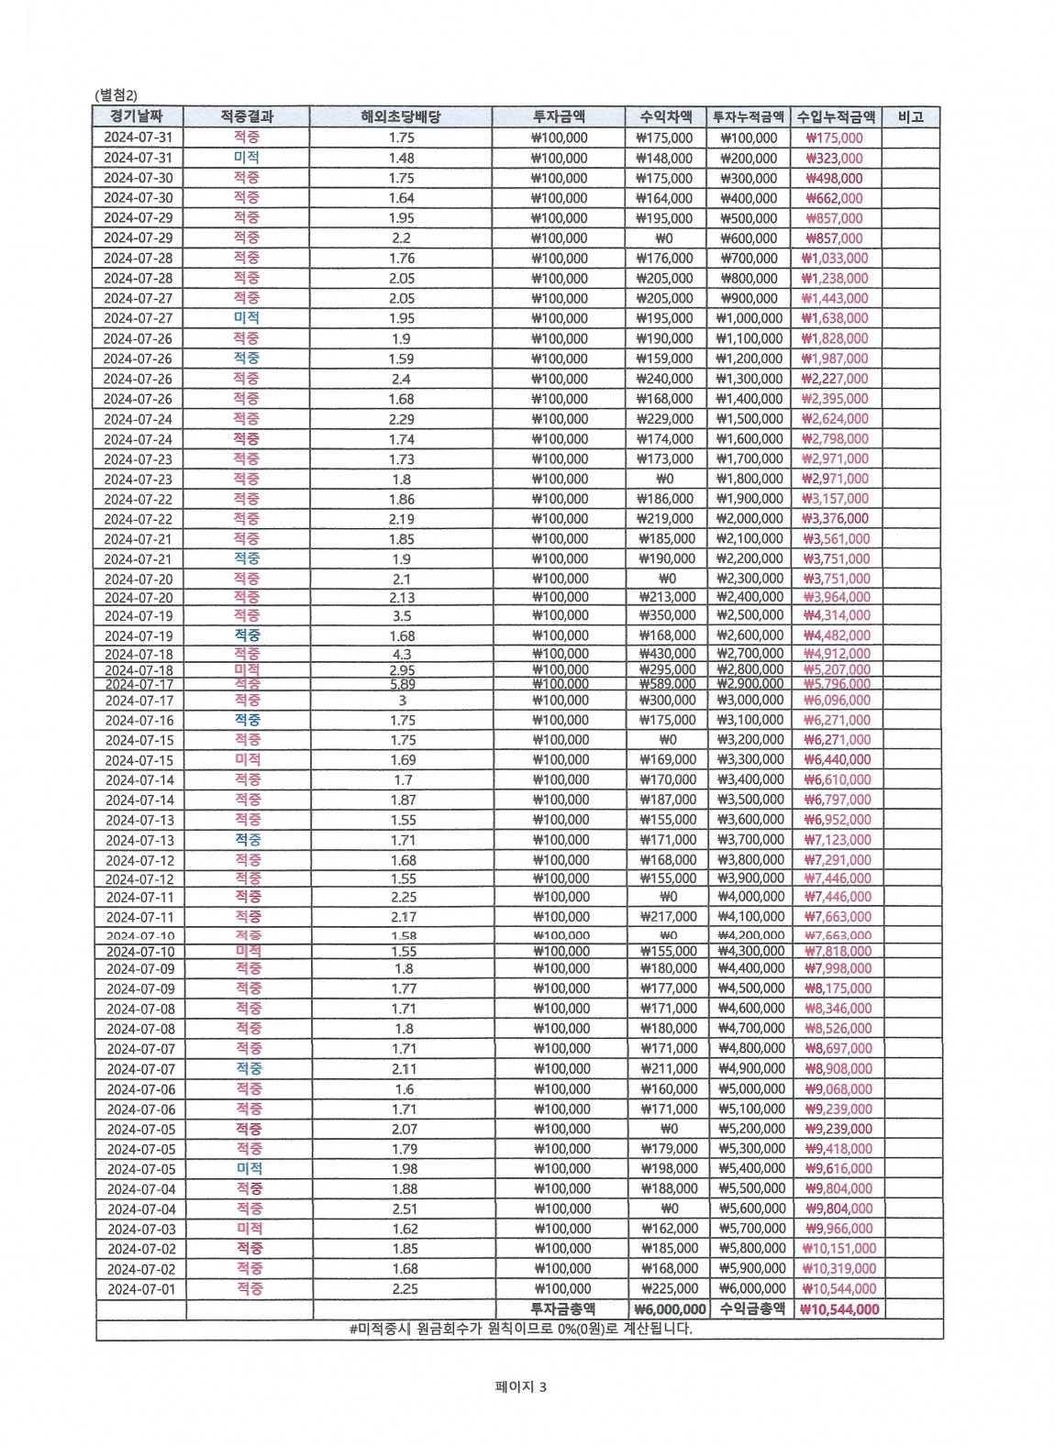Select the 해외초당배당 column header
pos(401,116)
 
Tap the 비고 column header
pos(910,116)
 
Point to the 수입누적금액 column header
pos(836,116)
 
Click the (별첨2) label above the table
pos(116,94)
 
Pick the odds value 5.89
pos(402,684)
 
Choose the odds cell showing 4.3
pos(402,654)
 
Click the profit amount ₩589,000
pos(667,684)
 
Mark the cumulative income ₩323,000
pos(834,158)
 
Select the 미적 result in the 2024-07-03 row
pos(250,1229)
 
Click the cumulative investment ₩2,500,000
pos(750,615)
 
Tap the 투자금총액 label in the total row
pos(562,1309)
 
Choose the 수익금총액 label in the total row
pos(752,1309)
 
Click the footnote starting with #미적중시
pos(520,1329)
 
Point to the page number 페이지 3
pos(520,1387)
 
